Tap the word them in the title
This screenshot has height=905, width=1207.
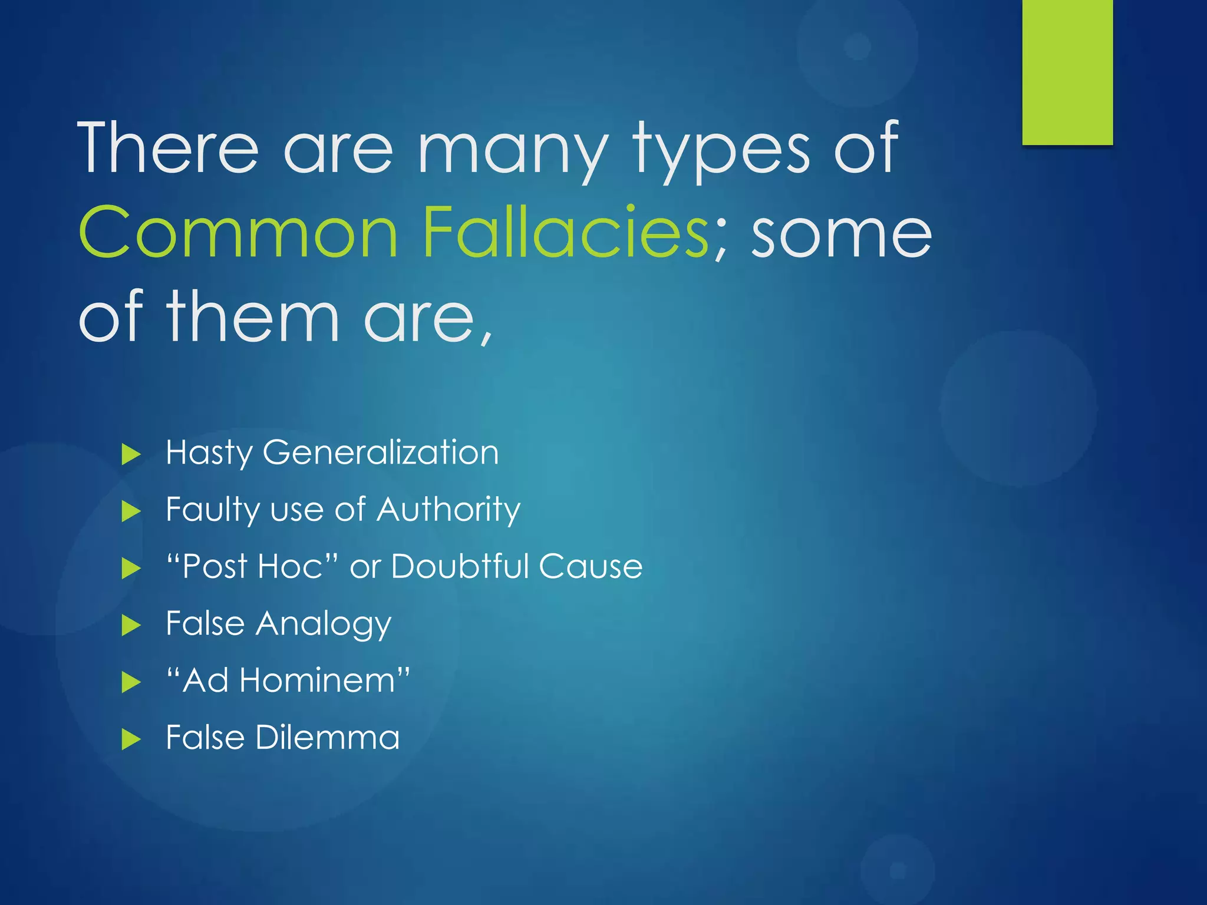253,316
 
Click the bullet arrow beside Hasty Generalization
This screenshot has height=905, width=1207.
131,454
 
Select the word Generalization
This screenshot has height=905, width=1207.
381,452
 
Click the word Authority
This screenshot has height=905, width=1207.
448,510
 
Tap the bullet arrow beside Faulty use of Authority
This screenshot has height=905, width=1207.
131,511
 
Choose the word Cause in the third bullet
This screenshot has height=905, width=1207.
590,566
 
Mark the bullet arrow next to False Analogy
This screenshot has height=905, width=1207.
131,625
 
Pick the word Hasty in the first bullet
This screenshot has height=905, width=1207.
209,452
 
